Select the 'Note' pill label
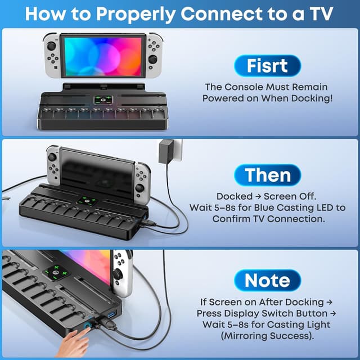click(267, 280)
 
